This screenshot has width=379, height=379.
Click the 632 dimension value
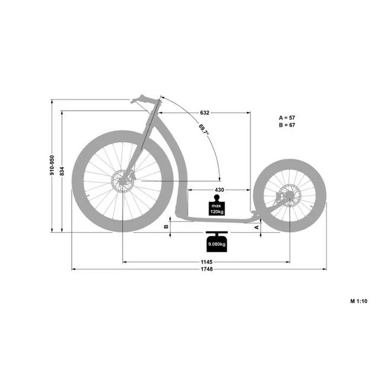[204, 113]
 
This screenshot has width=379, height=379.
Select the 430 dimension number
[219, 189]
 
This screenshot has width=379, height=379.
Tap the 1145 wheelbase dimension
[207, 262]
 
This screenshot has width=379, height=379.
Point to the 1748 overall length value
[207, 269]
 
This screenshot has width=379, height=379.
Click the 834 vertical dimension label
[62, 171]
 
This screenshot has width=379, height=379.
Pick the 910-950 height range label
[52, 165]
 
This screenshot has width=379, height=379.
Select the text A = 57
[287, 118]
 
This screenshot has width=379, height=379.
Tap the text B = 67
[287, 125]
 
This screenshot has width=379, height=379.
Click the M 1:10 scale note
[359, 301]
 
